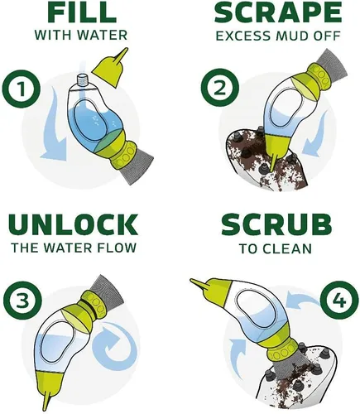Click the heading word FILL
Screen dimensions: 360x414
(x=81, y=13)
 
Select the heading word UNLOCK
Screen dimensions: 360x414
(x=74, y=224)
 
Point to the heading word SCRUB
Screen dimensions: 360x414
(x=276, y=224)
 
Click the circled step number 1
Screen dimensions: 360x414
(x=22, y=89)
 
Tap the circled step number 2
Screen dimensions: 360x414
(x=220, y=89)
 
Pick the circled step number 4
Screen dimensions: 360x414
(x=339, y=300)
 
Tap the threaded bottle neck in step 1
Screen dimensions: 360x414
(x=82, y=80)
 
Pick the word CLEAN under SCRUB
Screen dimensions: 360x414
(x=287, y=248)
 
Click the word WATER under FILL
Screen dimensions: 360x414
(x=103, y=35)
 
